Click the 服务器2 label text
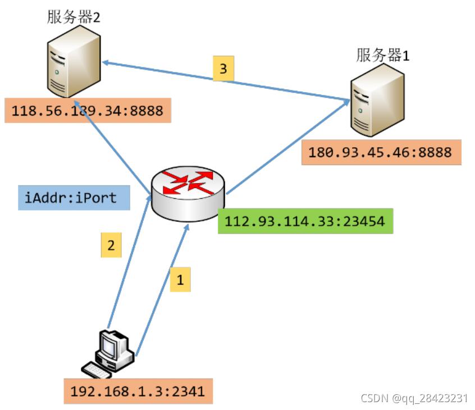(74, 17)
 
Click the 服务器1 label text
(382, 56)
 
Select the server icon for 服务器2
(74, 62)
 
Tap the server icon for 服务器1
(377, 101)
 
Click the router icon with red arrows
(188, 194)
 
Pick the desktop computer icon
(108, 354)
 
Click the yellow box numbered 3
(223, 69)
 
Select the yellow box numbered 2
(111, 245)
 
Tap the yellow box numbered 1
(180, 280)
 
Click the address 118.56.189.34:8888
(88, 111)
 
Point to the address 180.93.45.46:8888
(381, 152)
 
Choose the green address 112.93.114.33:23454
(305, 221)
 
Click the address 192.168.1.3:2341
(138, 391)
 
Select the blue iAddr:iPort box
(74, 198)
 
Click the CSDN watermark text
(414, 398)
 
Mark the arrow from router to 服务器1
(288, 147)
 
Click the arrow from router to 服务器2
(112, 147)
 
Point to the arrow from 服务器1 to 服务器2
(226, 81)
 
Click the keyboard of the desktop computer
(97, 370)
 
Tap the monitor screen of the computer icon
(108, 347)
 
